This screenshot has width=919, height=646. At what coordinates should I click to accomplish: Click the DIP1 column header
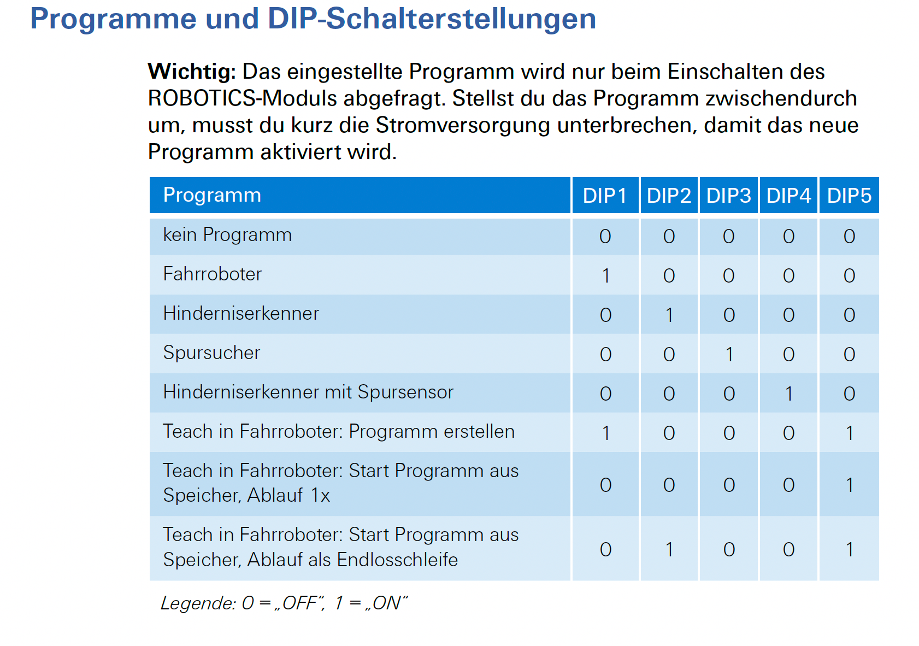click(604, 196)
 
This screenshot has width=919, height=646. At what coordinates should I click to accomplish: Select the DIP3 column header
click(728, 196)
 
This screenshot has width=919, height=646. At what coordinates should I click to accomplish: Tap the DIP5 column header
click(849, 196)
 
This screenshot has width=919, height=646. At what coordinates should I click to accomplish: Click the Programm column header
click(212, 195)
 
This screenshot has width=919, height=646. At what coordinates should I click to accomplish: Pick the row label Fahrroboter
click(213, 274)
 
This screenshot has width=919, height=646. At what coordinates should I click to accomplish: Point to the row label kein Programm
click(227, 235)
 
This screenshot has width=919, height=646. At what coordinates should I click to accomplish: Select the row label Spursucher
click(211, 353)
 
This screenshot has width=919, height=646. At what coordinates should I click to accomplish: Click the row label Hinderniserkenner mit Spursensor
click(308, 392)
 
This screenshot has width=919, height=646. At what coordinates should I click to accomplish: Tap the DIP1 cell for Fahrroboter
click(605, 275)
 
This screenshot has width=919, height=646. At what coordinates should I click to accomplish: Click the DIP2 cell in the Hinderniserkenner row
click(669, 315)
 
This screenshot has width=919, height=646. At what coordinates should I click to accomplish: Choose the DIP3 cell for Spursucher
click(729, 354)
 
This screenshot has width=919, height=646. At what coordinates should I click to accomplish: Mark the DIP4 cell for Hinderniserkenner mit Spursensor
click(788, 394)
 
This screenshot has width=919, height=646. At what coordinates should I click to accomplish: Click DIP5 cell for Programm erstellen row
click(849, 433)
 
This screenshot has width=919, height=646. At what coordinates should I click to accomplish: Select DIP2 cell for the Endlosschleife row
click(669, 549)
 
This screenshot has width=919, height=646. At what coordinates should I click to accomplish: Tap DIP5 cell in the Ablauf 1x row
click(849, 485)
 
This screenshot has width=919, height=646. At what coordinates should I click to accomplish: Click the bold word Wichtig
click(191, 72)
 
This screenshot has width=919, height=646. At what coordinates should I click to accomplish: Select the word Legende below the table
click(198, 603)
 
